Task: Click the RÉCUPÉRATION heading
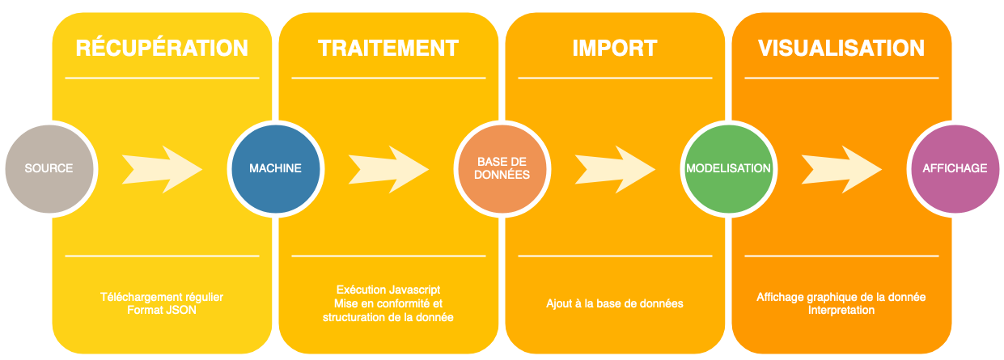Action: (162, 48)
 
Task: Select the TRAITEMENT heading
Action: (388, 48)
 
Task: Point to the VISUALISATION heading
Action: (841, 48)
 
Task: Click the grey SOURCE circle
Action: (49, 168)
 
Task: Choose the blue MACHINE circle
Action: (275, 168)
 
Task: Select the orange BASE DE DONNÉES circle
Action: (502, 168)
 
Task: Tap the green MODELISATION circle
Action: (728, 168)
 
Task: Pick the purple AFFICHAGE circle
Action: (955, 168)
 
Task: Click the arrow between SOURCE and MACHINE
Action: (162, 168)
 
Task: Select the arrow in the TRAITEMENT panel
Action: (388, 168)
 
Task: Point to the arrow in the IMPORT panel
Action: (615, 168)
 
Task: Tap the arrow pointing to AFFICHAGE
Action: (841, 168)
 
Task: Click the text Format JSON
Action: (162, 310)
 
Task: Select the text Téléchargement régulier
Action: (162, 297)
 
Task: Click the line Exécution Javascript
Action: (388, 289)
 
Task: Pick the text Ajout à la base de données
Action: (615, 303)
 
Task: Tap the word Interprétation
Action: (841, 310)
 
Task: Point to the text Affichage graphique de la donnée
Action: (841, 297)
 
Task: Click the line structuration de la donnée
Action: (388, 317)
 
